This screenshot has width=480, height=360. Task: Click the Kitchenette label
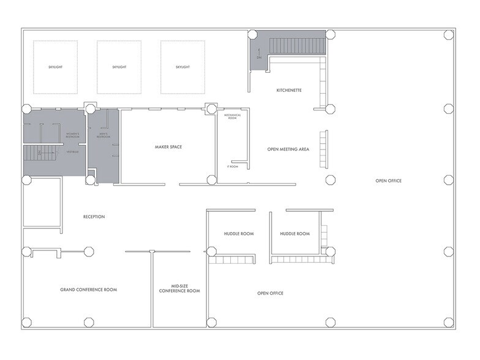[289, 91]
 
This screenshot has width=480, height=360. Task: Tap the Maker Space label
[168, 147]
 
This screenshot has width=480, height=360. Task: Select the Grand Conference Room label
[88, 290]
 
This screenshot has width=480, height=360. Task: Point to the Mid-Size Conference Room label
[179, 288]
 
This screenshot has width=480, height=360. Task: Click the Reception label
[94, 217]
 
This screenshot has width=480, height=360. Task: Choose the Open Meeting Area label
[288, 149]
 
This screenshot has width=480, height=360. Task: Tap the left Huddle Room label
[238, 234]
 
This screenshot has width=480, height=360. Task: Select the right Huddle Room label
[294, 234]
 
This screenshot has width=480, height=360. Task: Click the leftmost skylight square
[55, 67]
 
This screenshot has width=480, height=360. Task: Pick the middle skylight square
[119, 67]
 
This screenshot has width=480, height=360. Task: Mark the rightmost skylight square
[182, 67]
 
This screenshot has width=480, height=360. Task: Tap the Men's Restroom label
[103, 135]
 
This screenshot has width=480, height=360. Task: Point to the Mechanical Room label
[233, 116]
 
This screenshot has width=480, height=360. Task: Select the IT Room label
[232, 166]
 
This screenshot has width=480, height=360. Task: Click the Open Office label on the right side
[388, 181]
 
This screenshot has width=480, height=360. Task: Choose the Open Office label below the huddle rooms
[270, 293]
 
